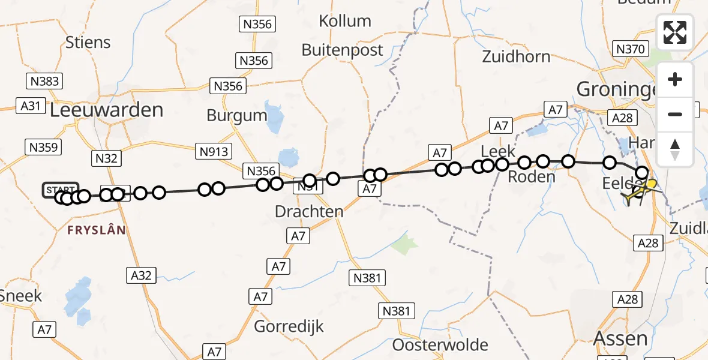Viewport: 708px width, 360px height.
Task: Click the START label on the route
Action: click(60, 190)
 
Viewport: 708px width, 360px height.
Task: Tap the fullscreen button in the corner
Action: click(675, 32)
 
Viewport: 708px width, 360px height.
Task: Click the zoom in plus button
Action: click(675, 80)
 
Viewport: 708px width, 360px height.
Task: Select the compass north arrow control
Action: click(675, 149)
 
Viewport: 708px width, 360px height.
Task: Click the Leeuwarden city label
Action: click(106, 110)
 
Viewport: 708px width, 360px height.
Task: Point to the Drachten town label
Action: click(309, 211)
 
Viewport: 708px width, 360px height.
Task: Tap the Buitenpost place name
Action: click(342, 50)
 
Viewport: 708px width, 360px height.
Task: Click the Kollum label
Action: click(345, 21)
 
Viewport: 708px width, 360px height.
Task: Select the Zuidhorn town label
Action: click(516, 56)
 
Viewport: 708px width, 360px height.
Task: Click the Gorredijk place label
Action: click(289, 326)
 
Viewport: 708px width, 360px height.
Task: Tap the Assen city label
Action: click(620, 338)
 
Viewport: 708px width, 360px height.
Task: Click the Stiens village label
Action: click(89, 43)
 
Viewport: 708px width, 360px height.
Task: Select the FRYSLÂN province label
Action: click(97, 230)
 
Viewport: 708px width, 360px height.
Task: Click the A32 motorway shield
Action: click(142, 275)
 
